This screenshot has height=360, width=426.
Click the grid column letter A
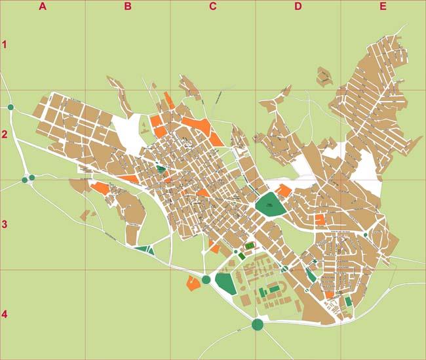point(43,7)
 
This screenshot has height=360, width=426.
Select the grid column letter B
point(128,7)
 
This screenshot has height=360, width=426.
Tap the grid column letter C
point(212,7)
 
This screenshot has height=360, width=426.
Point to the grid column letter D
point(298,7)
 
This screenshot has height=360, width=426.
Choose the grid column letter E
point(383,7)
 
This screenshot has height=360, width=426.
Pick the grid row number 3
point(5,224)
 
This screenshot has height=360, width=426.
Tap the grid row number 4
point(5,314)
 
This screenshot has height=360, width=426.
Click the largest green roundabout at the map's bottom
point(258,324)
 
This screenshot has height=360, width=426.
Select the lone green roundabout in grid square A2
point(10,108)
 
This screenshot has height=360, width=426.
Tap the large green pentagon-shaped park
point(269,204)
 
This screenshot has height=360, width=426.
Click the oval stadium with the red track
point(249,247)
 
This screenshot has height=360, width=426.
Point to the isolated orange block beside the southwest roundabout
point(193,283)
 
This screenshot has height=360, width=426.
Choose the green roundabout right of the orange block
point(206,280)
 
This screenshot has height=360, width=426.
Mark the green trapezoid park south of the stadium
point(225,283)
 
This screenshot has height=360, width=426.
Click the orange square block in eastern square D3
point(320,220)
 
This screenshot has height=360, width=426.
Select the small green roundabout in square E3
point(365,235)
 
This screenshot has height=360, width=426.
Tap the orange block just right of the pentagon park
point(284,191)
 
